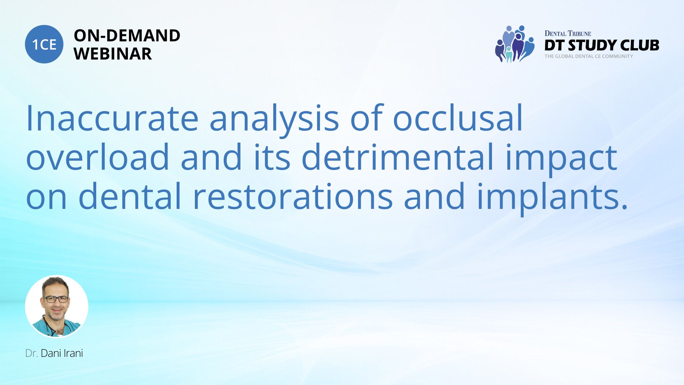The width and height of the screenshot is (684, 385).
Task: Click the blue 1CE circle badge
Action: (44, 44)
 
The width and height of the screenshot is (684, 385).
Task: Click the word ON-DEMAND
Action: (127, 36)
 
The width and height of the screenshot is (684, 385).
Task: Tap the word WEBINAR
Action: (113, 54)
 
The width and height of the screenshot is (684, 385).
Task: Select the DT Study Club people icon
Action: (515, 44)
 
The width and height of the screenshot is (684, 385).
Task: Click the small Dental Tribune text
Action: (568, 34)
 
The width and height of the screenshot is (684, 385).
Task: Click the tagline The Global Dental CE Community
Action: (589, 56)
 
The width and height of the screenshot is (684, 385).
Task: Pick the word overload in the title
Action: (98, 156)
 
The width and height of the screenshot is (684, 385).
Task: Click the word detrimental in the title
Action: (398, 156)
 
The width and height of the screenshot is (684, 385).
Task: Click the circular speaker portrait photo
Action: (57, 306)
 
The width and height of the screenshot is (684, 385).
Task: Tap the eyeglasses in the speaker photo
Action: (56, 299)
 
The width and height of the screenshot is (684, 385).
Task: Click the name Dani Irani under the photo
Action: (62, 353)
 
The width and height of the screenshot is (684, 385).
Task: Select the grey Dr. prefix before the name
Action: (31, 353)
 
